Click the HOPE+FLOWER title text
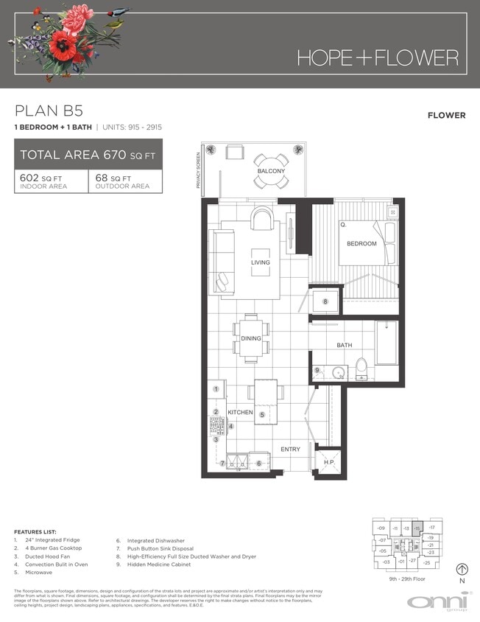click(x=377, y=57)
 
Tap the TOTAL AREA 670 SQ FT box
click(x=88, y=155)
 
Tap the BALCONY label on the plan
click(x=271, y=171)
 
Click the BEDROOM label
click(x=361, y=243)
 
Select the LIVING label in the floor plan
click(x=260, y=262)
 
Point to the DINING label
click(x=251, y=338)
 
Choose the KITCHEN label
click(x=240, y=412)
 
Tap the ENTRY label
click(x=291, y=449)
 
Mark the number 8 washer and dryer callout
click(x=324, y=301)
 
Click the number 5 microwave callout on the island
click(x=261, y=415)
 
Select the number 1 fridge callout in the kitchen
click(x=216, y=388)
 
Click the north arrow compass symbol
click(x=462, y=569)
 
